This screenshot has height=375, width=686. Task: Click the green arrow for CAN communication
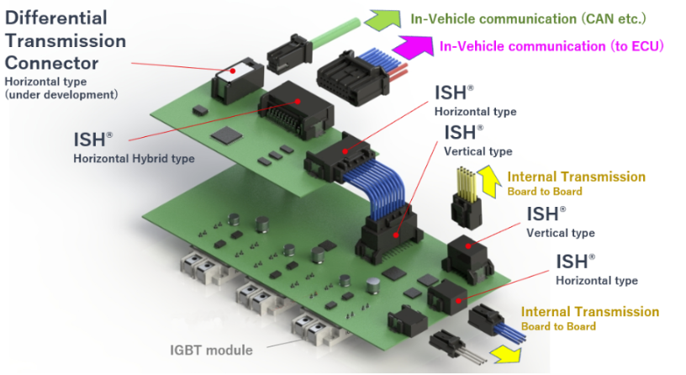tap(384, 20)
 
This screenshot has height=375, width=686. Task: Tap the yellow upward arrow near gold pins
tap(488, 181)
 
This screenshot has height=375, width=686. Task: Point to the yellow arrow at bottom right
tap(507, 353)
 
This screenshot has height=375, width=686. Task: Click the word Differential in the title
tap(56, 18)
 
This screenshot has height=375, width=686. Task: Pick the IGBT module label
tap(211, 350)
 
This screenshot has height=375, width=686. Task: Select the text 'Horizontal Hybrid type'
tap(134, 158)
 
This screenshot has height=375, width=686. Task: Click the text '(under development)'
tap(61, 94)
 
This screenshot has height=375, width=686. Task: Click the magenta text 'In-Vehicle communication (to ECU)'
tap(551, 46)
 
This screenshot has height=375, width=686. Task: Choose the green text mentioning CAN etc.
tap(528, 19)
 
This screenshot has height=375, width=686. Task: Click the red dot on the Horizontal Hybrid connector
tap(298, 101)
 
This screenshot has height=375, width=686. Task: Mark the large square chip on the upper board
tap(226, 135)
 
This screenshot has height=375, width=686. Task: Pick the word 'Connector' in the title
tap(51, 63)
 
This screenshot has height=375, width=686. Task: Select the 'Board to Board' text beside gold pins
tap(545, 191)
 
